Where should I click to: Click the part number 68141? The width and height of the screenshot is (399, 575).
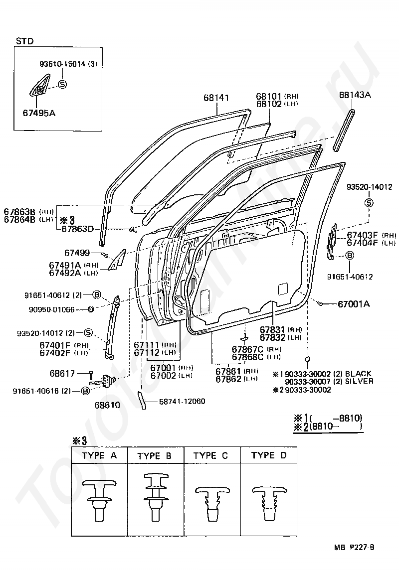click(216, 98)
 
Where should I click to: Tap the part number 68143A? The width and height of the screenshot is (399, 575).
click(355, 95)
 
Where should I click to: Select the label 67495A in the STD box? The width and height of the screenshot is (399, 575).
click(39, 113)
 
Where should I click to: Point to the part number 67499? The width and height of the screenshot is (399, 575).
click(77, 253)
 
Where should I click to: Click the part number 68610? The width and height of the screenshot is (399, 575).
click(107, 405)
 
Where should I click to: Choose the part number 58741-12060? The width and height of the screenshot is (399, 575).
click(182, 401)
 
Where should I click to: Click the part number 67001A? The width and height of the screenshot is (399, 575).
click(354, 304)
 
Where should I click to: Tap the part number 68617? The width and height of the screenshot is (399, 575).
click(62, 373)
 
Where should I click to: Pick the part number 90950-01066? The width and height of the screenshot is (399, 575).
click(51, 309)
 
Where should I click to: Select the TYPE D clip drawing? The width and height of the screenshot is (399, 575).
click(269, 503)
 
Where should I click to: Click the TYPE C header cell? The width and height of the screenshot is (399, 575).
click(212, 455)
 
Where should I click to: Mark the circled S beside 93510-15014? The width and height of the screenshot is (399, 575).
click(63, 84)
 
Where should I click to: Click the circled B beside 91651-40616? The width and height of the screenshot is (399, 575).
click(85, 391)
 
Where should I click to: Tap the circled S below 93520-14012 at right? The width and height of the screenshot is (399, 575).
click(369, 203)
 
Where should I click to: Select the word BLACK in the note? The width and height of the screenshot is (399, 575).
click(359, 374)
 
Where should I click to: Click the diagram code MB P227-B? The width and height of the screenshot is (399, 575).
click(354, 548)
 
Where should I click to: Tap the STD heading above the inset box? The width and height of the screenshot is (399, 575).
click(24, 41)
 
